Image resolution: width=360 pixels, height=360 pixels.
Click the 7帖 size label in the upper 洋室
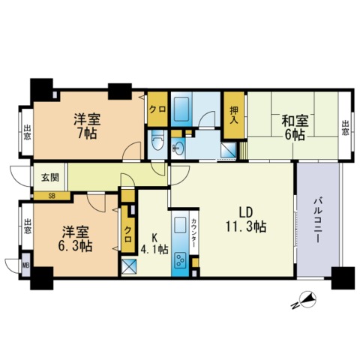(x=85, y=135)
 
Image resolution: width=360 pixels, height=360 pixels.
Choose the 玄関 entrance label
(x=49, y=178)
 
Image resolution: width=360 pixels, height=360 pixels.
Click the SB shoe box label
(x=52, y=196)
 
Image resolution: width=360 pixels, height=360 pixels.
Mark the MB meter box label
(x=25, y=265)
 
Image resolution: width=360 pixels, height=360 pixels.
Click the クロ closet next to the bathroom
(x=157, y=106)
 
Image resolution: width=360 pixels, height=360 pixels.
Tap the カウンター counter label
(x=195, y=228)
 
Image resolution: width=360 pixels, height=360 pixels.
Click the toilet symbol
(x=157, y=139)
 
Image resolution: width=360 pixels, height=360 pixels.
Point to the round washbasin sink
(x=181, y=146)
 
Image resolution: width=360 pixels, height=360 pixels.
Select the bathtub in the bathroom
(x=181, y=110)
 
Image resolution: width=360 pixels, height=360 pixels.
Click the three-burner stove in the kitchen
(x=181, y=260)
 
